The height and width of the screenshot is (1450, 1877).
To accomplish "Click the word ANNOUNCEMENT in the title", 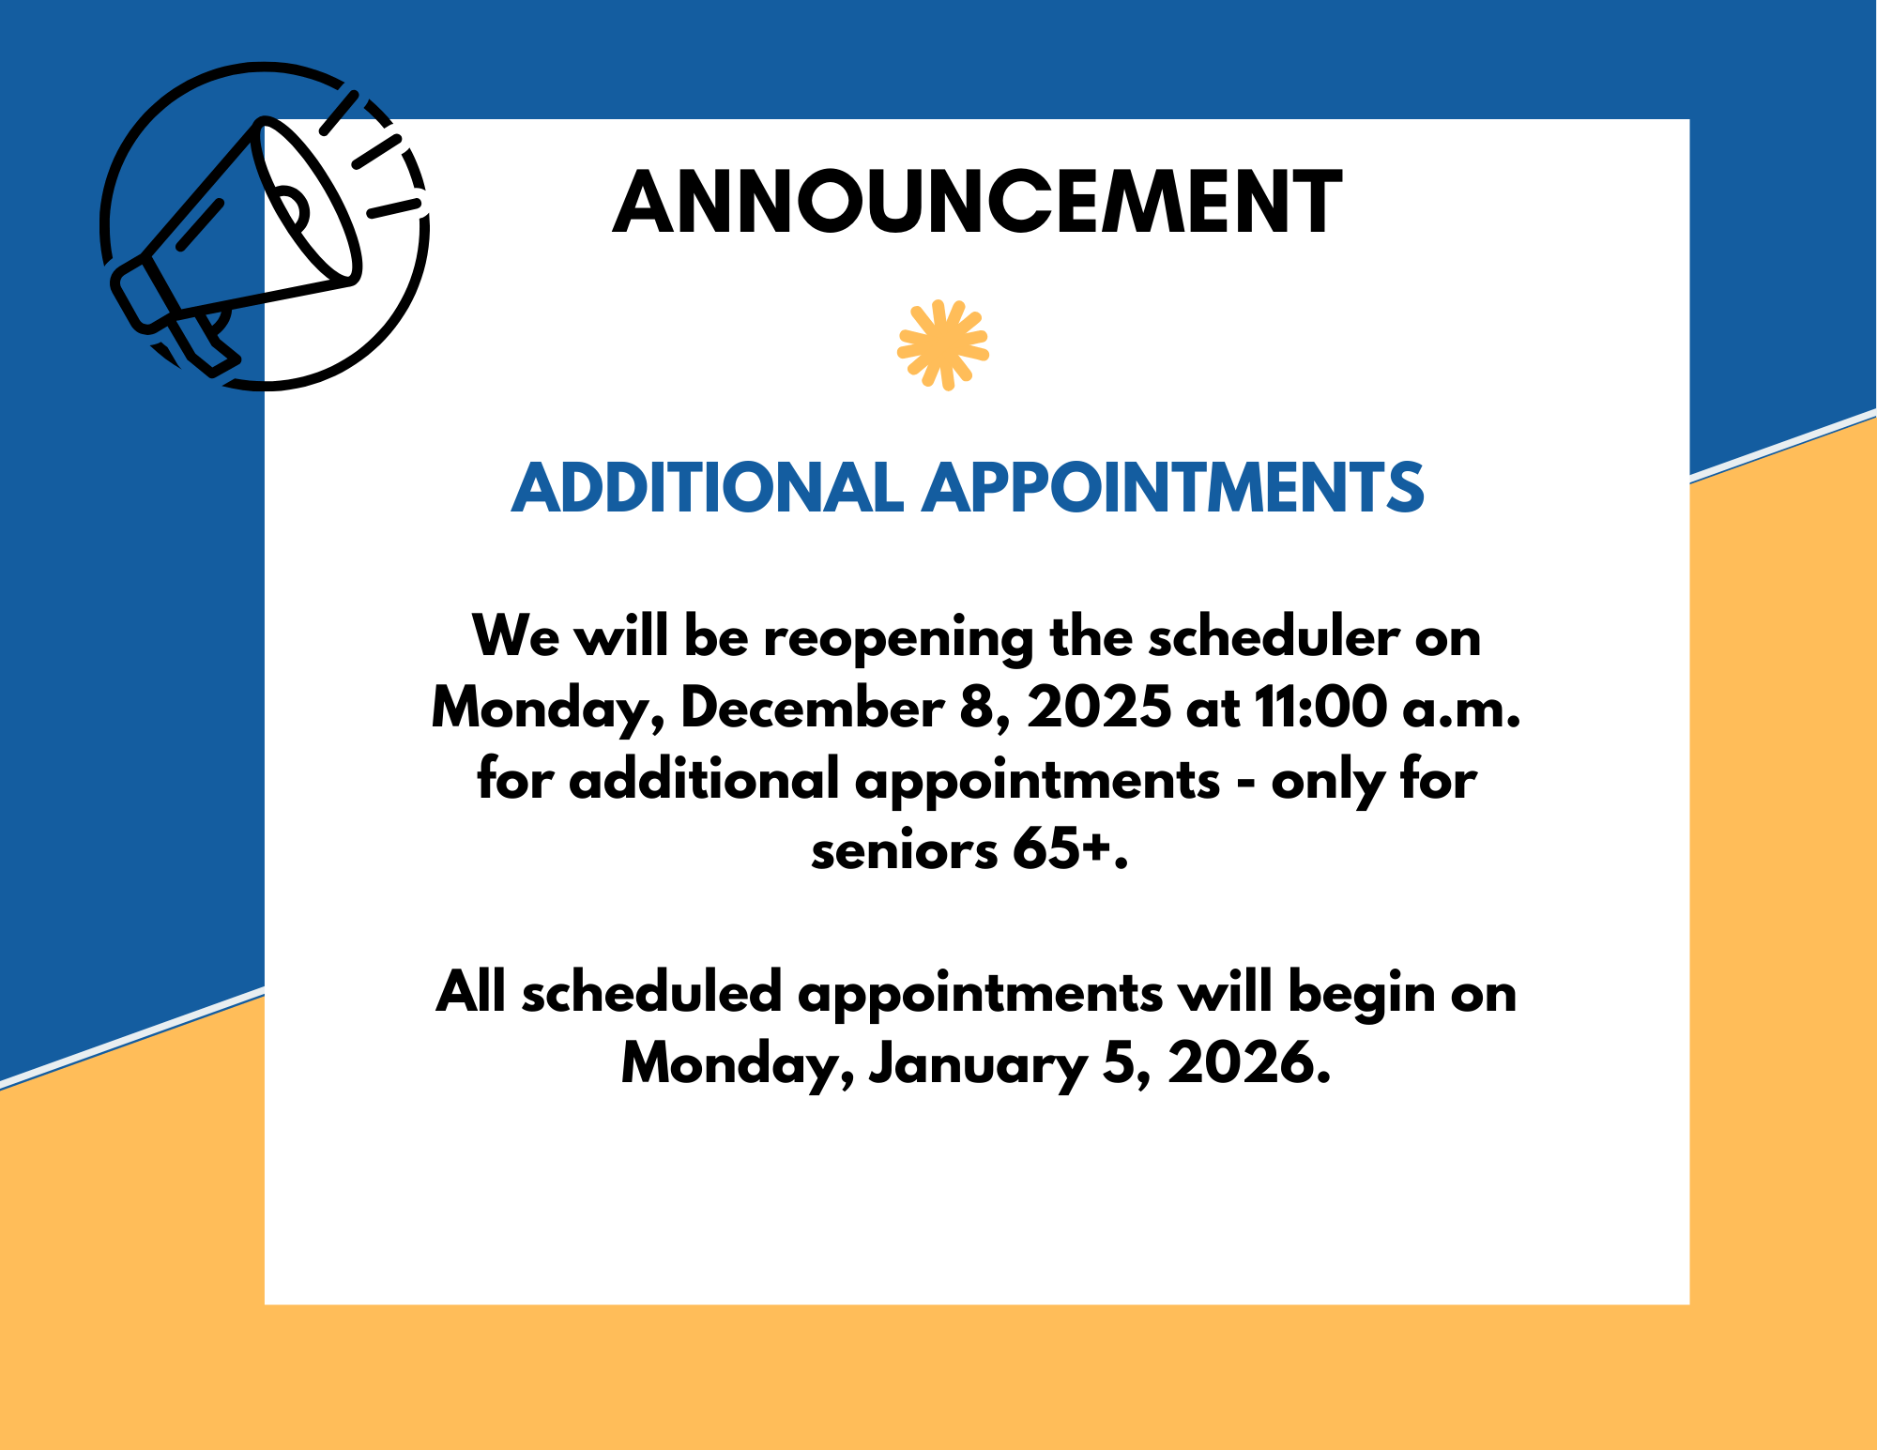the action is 977,202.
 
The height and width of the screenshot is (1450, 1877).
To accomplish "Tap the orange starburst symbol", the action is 943,344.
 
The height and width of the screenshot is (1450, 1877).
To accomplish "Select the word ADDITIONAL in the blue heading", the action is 708,488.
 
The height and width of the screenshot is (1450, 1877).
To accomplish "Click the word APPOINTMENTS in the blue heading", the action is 1173,488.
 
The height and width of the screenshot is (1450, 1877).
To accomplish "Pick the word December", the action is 813,708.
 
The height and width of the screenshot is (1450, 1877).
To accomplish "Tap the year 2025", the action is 1099,708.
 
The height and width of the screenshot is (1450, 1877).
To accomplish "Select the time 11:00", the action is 1320,708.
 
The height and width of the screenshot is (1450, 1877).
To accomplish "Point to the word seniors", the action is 905,851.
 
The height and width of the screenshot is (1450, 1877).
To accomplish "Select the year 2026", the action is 1249,1062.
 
